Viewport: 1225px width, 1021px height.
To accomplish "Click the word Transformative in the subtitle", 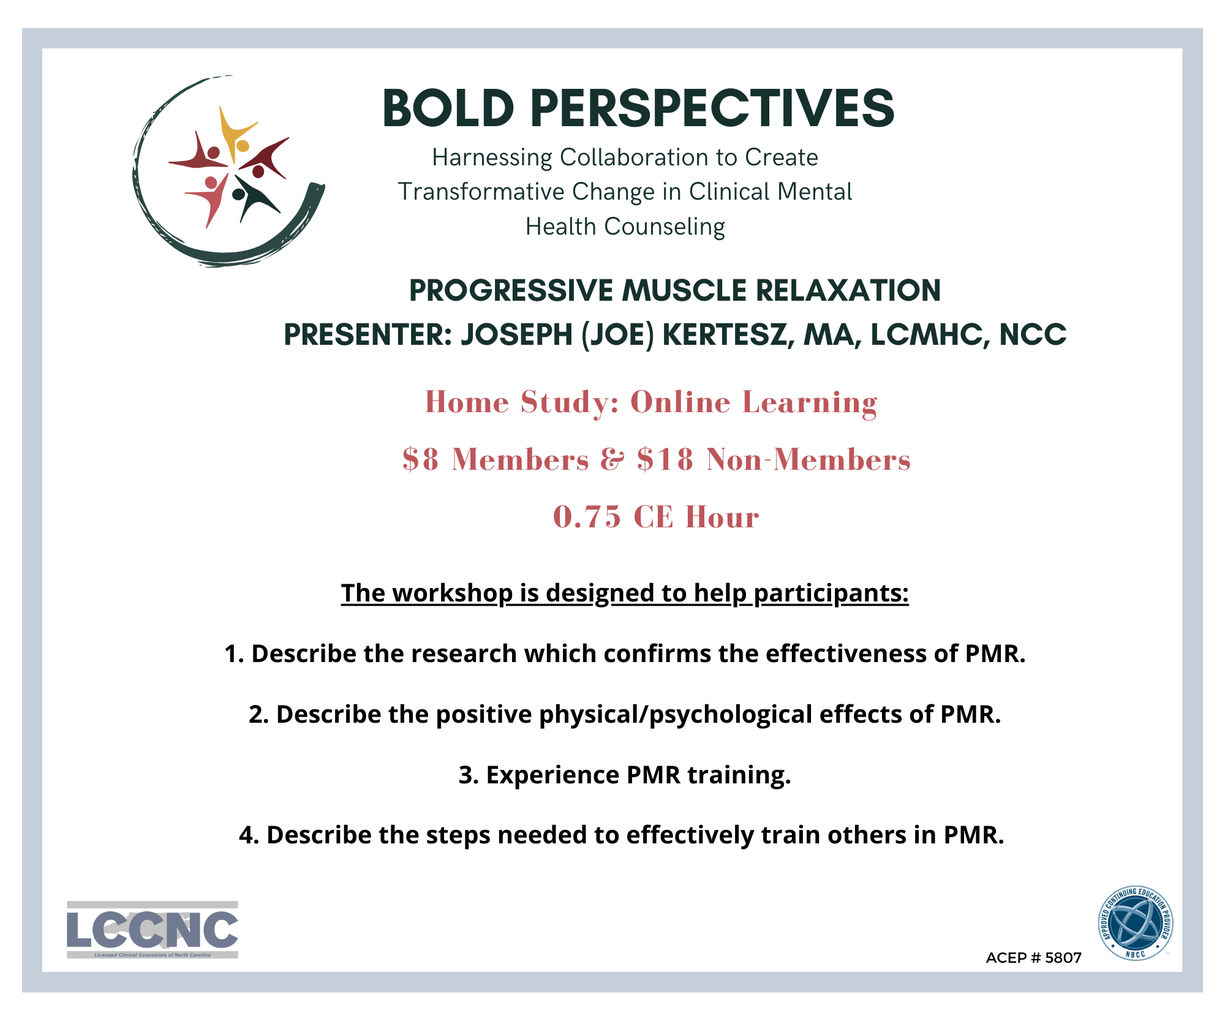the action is click(x=481, y=192).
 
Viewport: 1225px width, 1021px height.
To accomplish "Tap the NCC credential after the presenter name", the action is click(x=1033, y=334).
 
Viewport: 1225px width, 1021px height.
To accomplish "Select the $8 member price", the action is click(x=421, y=459).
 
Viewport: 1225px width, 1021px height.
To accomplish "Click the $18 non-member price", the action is click(x=665, y=459).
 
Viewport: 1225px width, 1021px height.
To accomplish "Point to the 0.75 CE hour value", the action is click(x=587, y=517).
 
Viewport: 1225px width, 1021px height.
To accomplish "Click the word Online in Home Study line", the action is click(x=680, y=402).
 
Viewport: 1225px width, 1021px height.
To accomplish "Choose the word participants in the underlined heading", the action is click(x=831, y=593).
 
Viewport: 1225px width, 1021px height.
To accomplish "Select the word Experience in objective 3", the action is click(x=552, y=776).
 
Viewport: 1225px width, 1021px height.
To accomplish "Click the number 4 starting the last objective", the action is click(x=247, y=835).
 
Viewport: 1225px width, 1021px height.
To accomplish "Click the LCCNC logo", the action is click(x=152, y=930).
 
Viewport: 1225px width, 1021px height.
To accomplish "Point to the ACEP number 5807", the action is click(x=1063, y=958).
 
